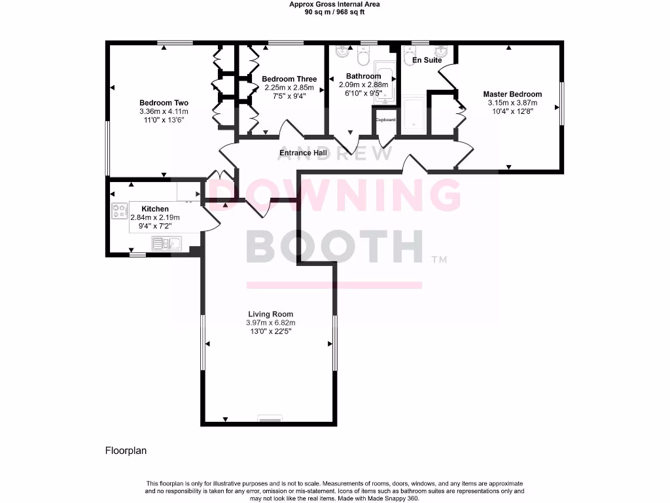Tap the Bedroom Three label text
289,79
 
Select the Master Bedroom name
512,94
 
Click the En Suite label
427,60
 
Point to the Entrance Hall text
303,153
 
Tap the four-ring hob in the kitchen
120,211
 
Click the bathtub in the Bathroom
383,84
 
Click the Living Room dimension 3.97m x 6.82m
270,323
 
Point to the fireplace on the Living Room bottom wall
270,417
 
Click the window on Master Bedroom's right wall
560,102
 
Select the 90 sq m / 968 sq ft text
334,12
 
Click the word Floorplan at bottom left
125,451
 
